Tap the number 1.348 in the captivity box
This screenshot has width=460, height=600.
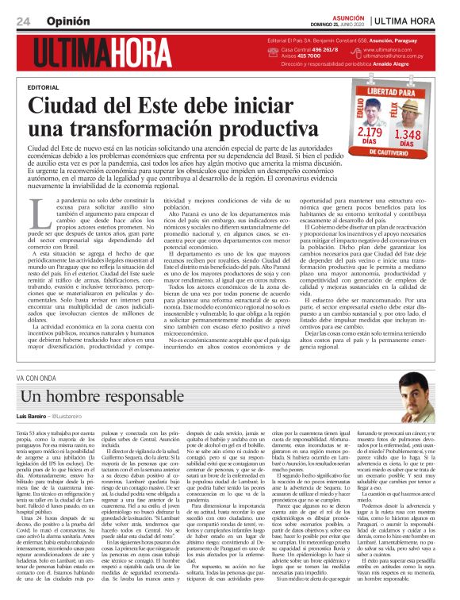coord(407,133)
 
